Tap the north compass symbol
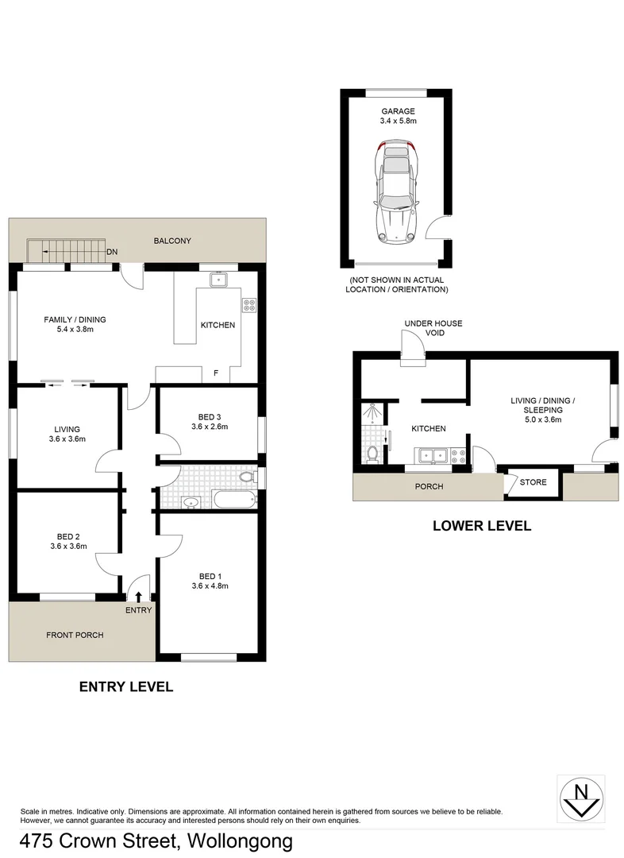[x=581, y=797]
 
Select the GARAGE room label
[x=397, y=112]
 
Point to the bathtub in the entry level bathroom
[x=235, y=500]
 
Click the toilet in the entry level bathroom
[x=247, y=477]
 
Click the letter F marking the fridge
[x=215, y=373]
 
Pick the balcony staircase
[x=67, y=251]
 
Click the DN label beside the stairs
[x=112, y=252]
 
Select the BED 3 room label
[x=209, y=415]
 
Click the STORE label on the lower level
[x=533, y=482]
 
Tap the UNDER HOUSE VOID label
[x=433, y=328]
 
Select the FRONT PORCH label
[x=75, y=635]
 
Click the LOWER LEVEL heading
[x=481, y=525]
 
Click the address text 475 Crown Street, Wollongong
[x=156, y=840]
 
